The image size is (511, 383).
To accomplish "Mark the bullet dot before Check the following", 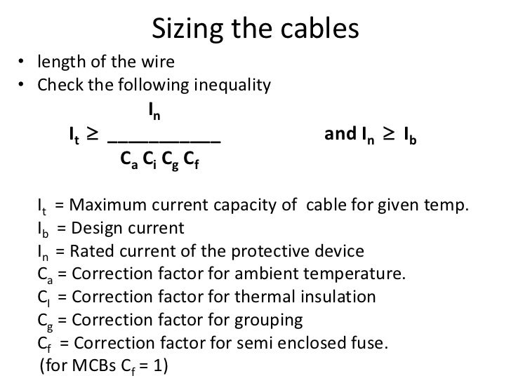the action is click(22, 87).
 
